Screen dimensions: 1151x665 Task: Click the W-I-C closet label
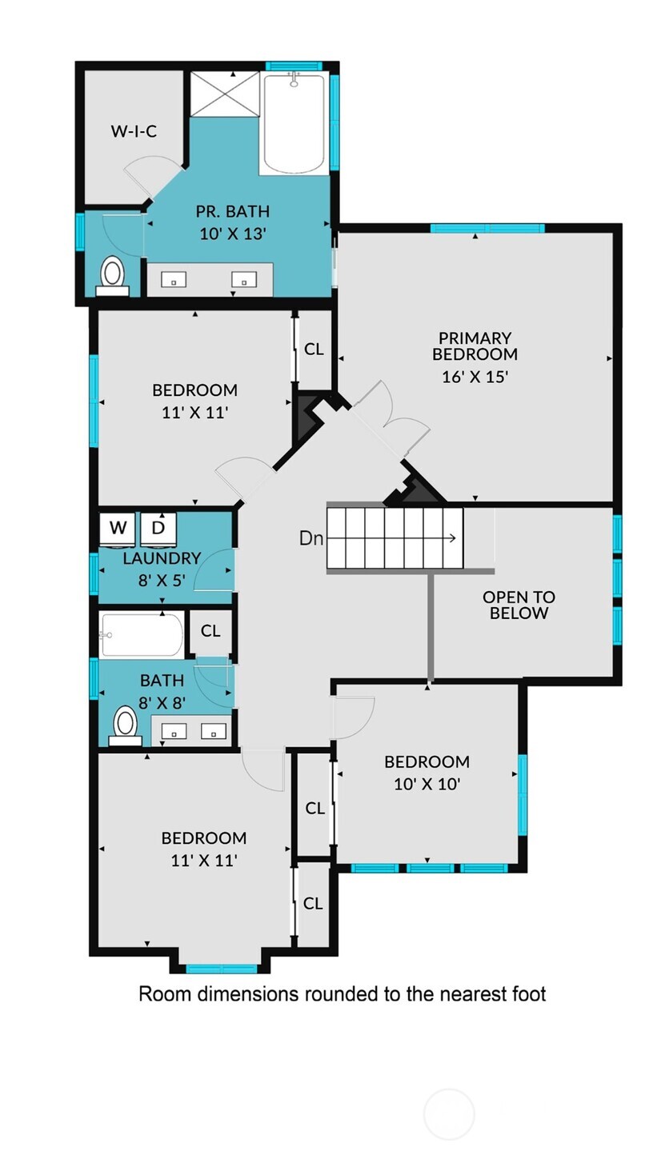(x=134, y=131)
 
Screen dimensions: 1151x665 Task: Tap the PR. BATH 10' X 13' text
(x=232, y=222)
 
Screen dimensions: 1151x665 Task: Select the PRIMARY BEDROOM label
(x=475, y=346)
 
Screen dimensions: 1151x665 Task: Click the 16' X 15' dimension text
(x=475, y=376)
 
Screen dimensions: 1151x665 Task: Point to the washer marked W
(x=118, y=527)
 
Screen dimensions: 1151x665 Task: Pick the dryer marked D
(x=158, y=527)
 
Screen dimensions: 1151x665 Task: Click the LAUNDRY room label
(x=162, y=558)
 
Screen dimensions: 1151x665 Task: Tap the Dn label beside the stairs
(x=311, y=538)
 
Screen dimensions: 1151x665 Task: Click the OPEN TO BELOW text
(x=519, y=605)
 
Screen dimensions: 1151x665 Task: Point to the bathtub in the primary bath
(x=294, y=123)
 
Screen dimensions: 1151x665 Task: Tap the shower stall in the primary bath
(x=225, y=94)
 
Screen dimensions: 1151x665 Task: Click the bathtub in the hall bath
(x=142, y=634)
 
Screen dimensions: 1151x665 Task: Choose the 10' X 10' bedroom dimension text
(x=427, y=784)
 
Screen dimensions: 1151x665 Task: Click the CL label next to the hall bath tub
(x=210, y=631)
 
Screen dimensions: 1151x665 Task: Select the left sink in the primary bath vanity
(x=174, y=279)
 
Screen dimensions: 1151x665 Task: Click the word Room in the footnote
(x=166, y=994)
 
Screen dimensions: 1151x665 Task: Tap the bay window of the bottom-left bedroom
(x=222, y=968)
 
